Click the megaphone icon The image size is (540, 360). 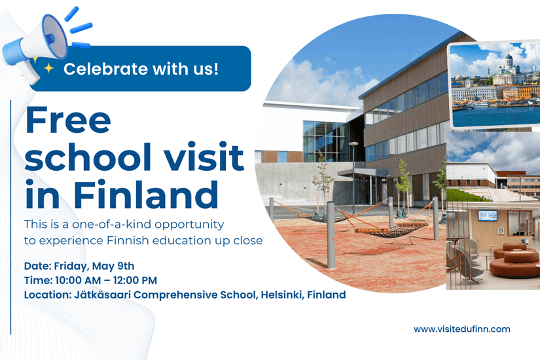point(38,45)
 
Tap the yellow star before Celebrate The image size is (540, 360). point(49,68)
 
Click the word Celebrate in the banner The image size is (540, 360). point(106,69)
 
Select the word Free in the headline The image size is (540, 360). point(68,120)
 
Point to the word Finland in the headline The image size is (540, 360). point(146,194)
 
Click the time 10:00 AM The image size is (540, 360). point(78,280)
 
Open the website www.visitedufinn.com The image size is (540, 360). point(462,329)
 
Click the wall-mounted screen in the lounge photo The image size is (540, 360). point(487,215)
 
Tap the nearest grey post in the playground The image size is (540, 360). point(331,235)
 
